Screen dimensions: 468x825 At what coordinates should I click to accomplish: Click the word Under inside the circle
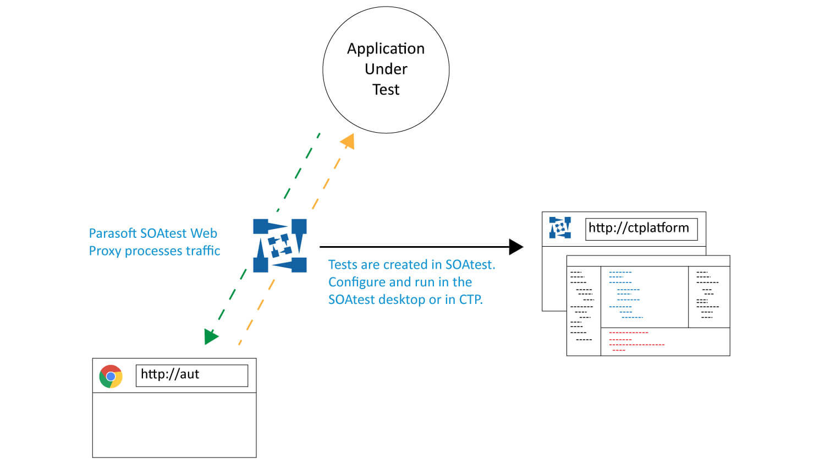point(386,69)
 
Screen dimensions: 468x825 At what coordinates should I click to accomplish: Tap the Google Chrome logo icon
point(111,376)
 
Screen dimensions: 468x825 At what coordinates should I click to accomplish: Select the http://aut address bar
point(191,375)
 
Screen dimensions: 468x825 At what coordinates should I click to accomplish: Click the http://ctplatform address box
point(641,228)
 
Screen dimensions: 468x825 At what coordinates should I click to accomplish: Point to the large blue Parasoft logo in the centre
point(279,246)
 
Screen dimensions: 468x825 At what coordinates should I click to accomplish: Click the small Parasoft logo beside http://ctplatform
point(560,228)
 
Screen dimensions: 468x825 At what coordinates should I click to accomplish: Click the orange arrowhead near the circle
point(348,142)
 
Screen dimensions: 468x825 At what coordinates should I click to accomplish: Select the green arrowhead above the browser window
point(211,335)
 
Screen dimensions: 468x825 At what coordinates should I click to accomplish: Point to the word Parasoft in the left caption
point(113,233)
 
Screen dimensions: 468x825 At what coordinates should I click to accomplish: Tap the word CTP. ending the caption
point(471,300)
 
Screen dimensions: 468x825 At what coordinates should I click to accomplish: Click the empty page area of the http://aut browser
point(174,424)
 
